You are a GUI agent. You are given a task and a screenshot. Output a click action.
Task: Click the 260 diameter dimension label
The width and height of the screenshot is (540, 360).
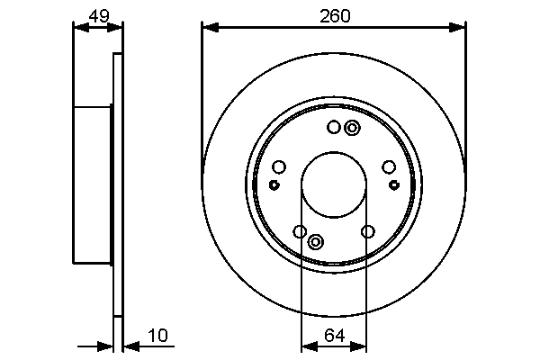pos(334,15)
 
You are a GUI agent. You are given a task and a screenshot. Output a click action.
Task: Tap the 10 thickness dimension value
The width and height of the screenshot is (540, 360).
pos(158,336)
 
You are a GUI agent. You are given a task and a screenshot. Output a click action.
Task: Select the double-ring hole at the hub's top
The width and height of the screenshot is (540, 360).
pos(351,128)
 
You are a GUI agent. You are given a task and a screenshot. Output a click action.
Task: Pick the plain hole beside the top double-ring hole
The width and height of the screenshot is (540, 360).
pos(334,128)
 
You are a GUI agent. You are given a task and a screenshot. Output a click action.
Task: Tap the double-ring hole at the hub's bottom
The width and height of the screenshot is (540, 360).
pos(316,241)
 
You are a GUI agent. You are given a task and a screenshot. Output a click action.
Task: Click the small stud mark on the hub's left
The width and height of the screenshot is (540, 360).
pos(274,184)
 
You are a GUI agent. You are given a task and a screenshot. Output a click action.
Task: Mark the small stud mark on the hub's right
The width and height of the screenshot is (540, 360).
pos(393,184)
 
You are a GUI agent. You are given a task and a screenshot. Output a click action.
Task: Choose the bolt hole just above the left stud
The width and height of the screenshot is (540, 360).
pos(279,166)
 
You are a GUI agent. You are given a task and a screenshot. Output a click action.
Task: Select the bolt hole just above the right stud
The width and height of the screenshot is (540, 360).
pos(389,166)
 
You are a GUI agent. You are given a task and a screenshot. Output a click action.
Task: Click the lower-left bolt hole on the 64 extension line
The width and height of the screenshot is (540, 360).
pos(300,232)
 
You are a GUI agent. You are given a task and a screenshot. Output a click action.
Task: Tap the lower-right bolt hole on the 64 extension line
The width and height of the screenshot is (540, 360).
pos(367,232)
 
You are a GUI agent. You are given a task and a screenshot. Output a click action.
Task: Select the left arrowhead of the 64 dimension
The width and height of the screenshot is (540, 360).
pos(305,345)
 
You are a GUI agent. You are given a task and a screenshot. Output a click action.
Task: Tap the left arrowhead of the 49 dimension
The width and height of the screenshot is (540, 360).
pos(78,27)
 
